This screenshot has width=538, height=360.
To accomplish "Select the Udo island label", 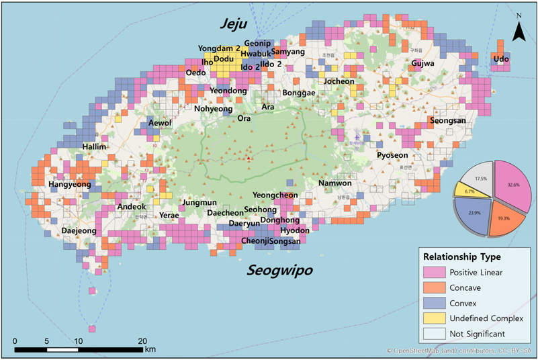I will [x=501, y=59].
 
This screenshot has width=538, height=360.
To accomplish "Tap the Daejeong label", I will [x=79, y=230].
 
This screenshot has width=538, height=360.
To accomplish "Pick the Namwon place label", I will [x=334, y=183].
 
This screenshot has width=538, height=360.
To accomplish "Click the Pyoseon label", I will [x=392, y=154].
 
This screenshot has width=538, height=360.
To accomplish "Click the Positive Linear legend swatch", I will [x=434, y=272].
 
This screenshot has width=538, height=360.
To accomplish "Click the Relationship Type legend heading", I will [x=462, y=256].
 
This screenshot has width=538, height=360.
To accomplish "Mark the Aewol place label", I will [x=160, y=123].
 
